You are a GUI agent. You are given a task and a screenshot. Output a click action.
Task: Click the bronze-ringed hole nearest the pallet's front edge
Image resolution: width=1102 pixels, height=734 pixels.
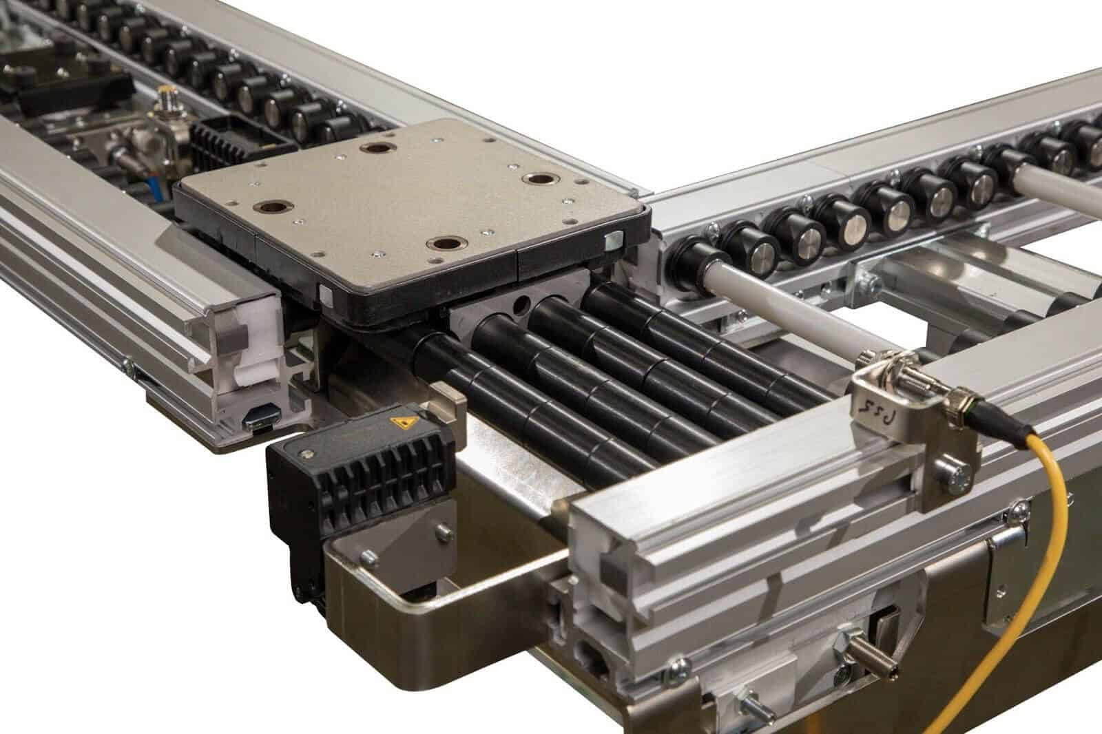[443, 242]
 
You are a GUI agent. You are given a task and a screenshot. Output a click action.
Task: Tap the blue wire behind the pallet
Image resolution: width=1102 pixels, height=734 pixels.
[151, 185]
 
